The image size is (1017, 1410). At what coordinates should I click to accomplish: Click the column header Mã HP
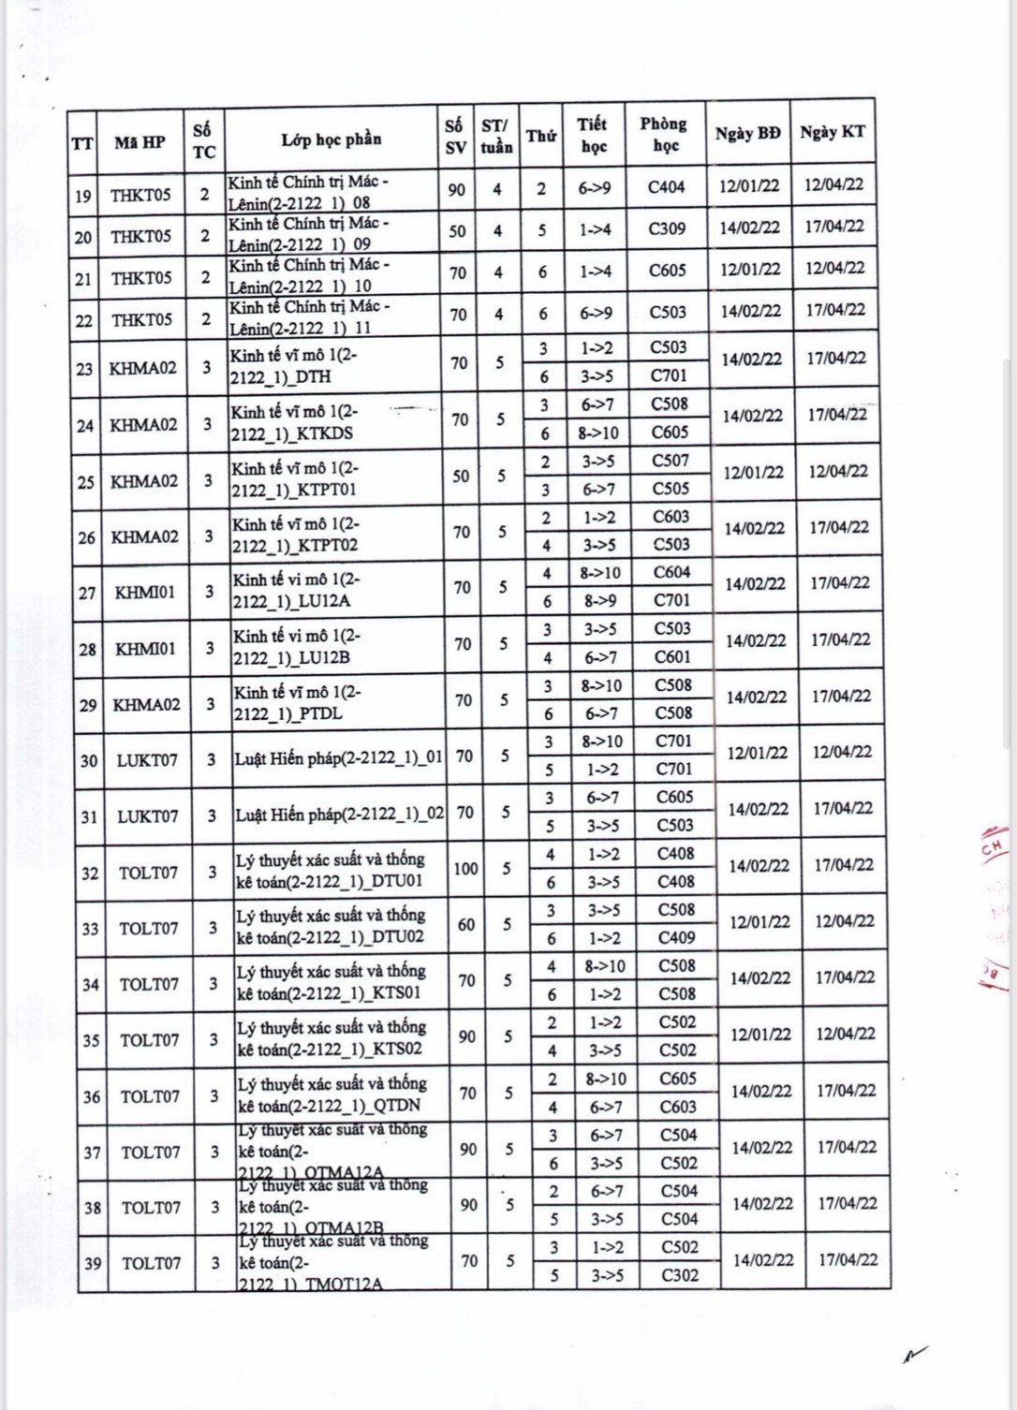click(x=140, y=142)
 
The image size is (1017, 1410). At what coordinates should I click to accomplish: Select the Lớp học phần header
click(x=332, y=140)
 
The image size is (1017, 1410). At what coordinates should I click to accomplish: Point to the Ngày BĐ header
click(x=747, y=133)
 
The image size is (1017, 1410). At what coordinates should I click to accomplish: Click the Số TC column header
click(x=203, y=140)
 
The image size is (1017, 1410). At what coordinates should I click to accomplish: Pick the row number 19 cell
click(x=83, y=196)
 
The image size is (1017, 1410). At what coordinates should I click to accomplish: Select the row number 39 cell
click(x=93, y=1263)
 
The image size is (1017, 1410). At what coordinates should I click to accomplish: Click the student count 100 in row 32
click(x=465, y=868)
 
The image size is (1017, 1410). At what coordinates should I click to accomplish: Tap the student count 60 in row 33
click(x=466, y=924)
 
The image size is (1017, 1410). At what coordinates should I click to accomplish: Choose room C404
click(x=666, y=187)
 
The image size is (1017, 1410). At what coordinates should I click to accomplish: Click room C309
click(x=667, y=228)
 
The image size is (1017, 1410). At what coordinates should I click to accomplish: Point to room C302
click(x=679, y=1274)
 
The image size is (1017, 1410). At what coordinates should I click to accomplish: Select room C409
click(x=676, y=937)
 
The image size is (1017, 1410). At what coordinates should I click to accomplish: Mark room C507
click(x=671, y=461)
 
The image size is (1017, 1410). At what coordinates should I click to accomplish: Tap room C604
click(x=671, y=572)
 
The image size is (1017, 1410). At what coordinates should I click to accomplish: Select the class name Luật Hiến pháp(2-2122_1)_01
click(x=338, y=758)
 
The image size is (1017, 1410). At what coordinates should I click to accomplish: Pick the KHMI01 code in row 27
click(x=144, y=592)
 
